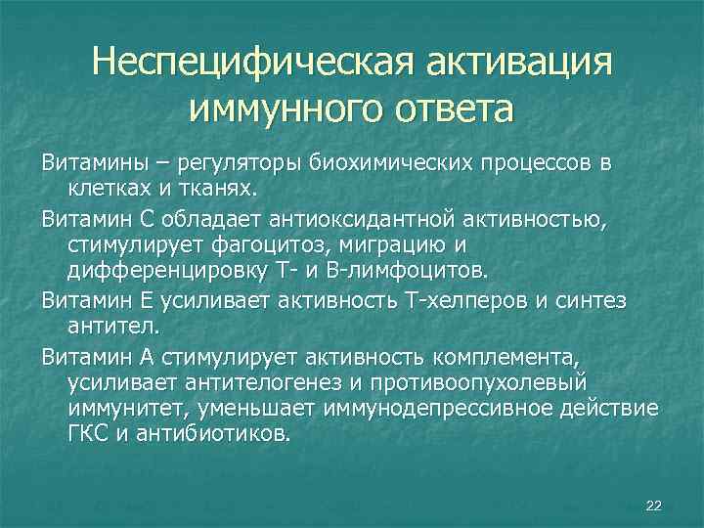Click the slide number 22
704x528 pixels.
tap(654, 505)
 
